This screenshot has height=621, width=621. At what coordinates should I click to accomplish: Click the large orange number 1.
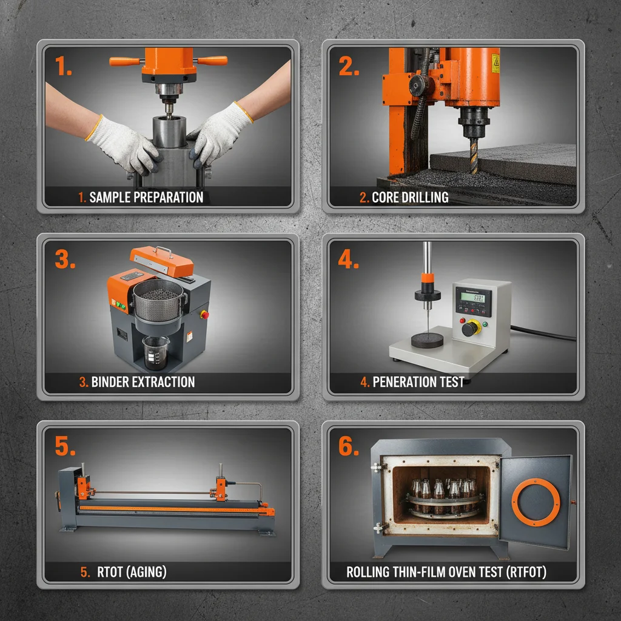coord(63,66)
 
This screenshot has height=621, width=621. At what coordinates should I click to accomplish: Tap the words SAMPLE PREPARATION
coord(146,197)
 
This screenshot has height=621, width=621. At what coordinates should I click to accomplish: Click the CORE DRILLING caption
coord(409,197)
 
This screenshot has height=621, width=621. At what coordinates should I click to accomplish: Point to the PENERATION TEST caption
coord(418,382)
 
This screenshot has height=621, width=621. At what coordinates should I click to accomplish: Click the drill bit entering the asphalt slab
coord(472,155)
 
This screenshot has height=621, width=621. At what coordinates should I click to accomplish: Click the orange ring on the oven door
coord(535,502)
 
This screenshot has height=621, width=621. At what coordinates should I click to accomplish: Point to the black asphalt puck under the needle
coord(428,337)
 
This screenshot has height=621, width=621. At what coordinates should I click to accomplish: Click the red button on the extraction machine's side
coord(204,314)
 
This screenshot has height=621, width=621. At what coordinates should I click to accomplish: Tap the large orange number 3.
coord(64,259)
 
